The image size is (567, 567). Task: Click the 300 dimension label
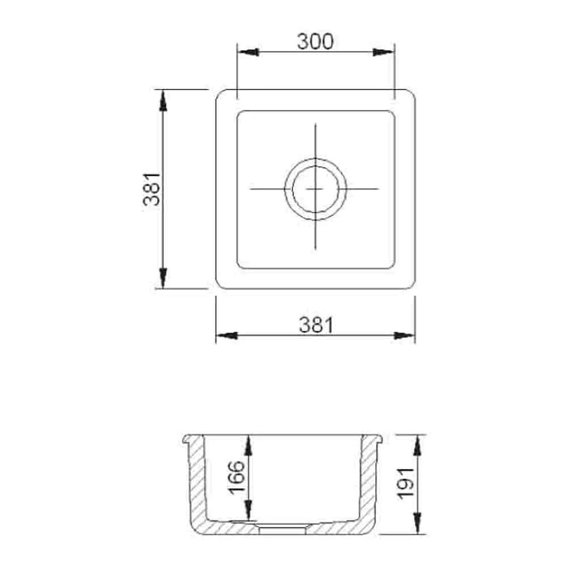(x=315, y=41)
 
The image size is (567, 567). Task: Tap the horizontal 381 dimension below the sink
(x=315, y=324)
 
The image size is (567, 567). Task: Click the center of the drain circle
(x=315, y=188)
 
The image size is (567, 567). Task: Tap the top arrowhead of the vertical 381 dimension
(x=163, y=100)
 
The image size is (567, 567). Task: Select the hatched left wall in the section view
(x=196, y=482)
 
